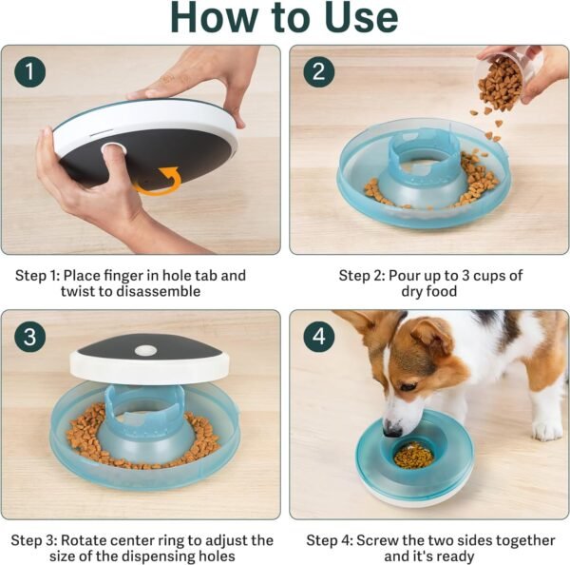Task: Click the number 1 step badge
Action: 30,71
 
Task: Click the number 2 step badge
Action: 318,71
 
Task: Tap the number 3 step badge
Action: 30,337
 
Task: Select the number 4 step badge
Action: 318,337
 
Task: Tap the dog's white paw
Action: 547,430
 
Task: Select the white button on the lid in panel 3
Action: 145,350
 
